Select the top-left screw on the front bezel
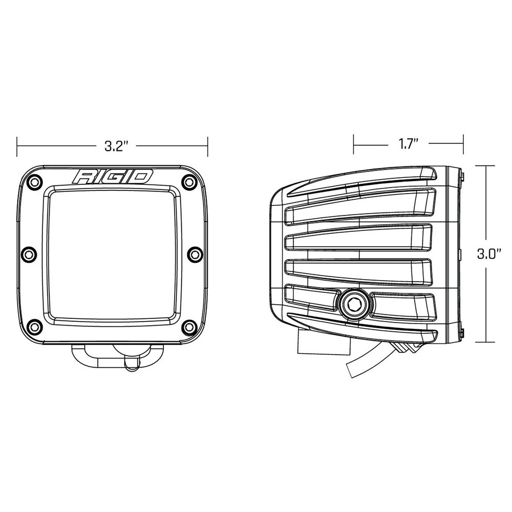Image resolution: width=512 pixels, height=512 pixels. coord(34,181)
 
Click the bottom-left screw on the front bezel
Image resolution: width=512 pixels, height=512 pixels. coord(34,326)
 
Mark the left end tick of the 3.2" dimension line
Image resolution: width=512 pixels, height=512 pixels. coord(17,146)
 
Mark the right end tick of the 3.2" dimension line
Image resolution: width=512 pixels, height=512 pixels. coord(207,146)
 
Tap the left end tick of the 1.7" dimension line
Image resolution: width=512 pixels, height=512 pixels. coord(353,144)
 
